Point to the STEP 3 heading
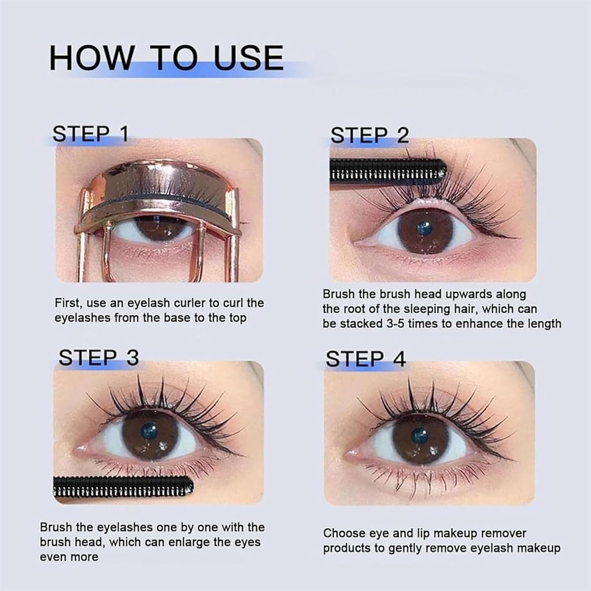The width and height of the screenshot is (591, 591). (x=99, y=358)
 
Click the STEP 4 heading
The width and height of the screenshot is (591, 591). (x=365, y=359)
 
